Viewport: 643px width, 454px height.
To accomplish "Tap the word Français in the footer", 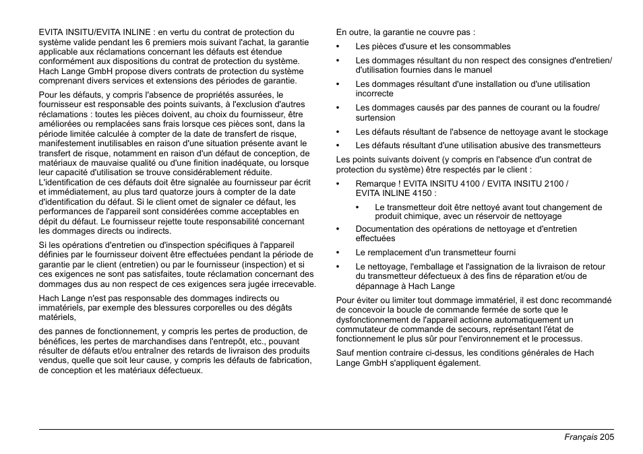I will [x=580, y=437].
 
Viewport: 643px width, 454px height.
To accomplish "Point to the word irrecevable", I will [x=291, y=284].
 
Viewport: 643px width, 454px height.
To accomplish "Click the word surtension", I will [x=375, y=117].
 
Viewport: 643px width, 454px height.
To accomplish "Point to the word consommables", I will [x=483, y=46].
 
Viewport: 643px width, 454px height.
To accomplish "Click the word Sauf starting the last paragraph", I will [x=346, y=353].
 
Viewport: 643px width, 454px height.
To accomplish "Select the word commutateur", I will [x=363, y=329].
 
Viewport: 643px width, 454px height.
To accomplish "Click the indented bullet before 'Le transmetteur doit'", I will [x=358, y=207].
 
